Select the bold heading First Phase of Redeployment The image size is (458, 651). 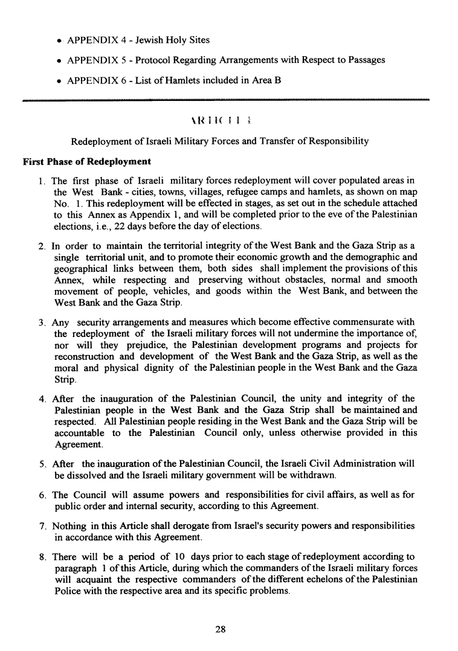coord(86,162)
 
